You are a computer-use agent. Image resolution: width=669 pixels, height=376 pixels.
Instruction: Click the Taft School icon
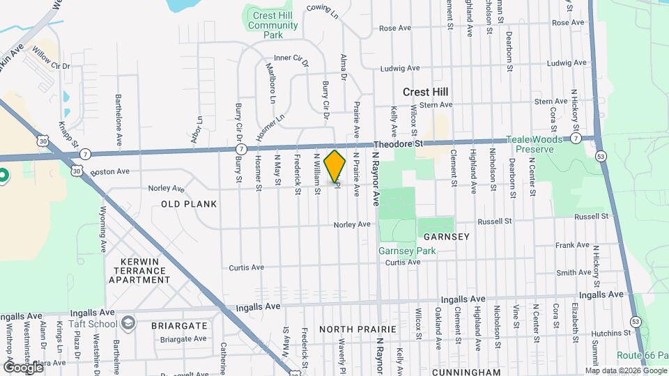point(128,323)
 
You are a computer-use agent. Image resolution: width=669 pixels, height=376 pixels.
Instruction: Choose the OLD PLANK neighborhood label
point(189,204)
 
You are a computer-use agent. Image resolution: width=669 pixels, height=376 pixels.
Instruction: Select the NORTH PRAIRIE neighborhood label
point(357,329)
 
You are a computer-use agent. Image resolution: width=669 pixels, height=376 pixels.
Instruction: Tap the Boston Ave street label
point(109,171)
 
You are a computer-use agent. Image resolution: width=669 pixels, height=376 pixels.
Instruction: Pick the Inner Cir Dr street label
point(291,60)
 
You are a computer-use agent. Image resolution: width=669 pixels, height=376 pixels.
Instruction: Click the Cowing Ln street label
point(323,10)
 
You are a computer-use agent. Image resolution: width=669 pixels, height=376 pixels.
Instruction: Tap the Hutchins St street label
point(590,314)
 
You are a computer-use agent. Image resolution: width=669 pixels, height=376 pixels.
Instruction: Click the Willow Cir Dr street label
point(52,62)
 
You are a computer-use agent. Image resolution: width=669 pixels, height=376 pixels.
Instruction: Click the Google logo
point(23,366)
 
